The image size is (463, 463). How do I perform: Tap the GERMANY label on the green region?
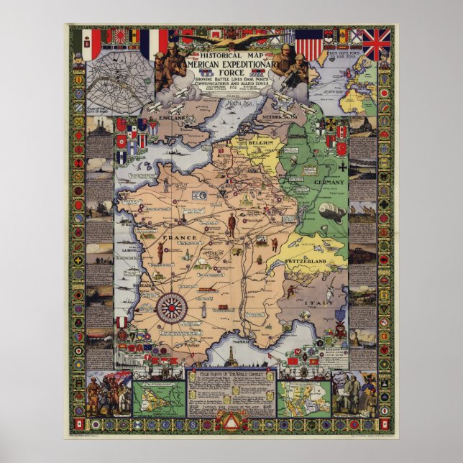click(x=330, y=185)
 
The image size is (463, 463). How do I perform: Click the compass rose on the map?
click(x=171, y=308)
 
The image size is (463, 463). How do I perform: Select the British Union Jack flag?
click(x=376, y=43)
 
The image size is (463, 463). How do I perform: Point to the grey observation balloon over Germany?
click(x=332, y=212)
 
